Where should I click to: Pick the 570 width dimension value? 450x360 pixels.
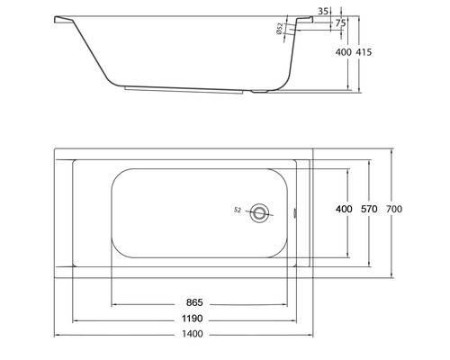tap(370, 210)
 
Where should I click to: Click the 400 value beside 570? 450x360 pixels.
tap(344, 210)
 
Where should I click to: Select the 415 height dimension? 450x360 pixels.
tap(364, 53)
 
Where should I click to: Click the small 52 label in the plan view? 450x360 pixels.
tap(236, 210)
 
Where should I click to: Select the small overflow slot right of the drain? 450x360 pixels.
tap(300, 212)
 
